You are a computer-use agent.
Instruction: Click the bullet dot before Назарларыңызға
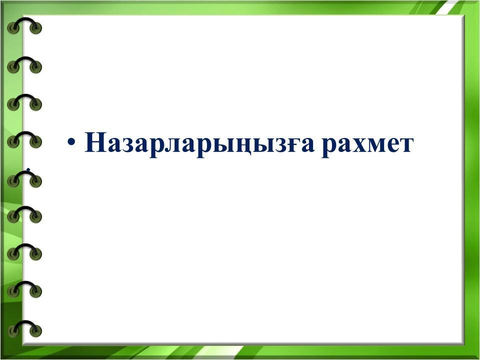point(71,142)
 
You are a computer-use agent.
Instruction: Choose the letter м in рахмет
point(376,144)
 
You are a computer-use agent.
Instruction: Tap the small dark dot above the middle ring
point(28,169)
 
